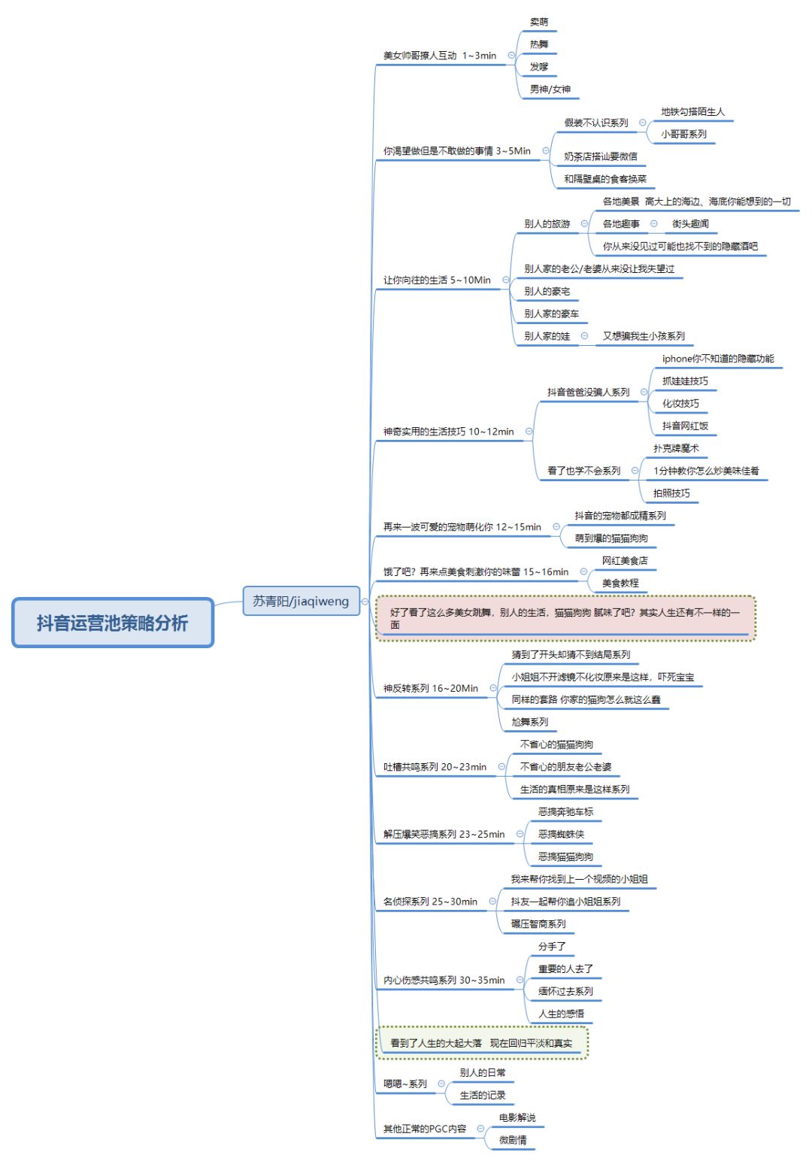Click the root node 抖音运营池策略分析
[x=113, y=623]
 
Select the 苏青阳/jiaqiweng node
[x=301, y=601]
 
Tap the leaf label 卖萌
[x=539, y=22]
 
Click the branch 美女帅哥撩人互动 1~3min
[x=439, y=56]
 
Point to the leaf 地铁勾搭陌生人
[x=692, y=111]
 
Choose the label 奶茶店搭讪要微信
[x=600, y=156]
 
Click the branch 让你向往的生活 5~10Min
[x=437, y=280]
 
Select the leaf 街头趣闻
[x=690, y=224]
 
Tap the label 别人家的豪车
[x=551, y=314]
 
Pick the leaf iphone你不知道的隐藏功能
[x=718, y=359]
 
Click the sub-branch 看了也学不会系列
[x=583, y=471]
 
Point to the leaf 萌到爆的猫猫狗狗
[x=611, y=538]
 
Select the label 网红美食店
[x=625, y=560]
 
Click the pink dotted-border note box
[x=565, y=618]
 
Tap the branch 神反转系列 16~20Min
[x=431, y=688]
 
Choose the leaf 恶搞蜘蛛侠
[x=561, y=834]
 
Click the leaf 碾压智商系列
[x=538, y=923]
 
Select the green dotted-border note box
[x=482, y=1042]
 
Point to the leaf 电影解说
[x=517, y=1117]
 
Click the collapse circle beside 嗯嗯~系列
[x=441, y=1084]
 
